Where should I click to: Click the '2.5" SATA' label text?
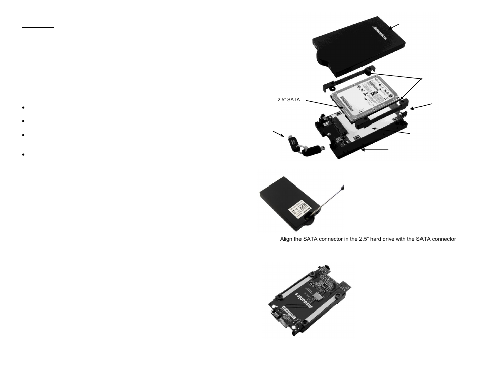pos(289,100)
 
